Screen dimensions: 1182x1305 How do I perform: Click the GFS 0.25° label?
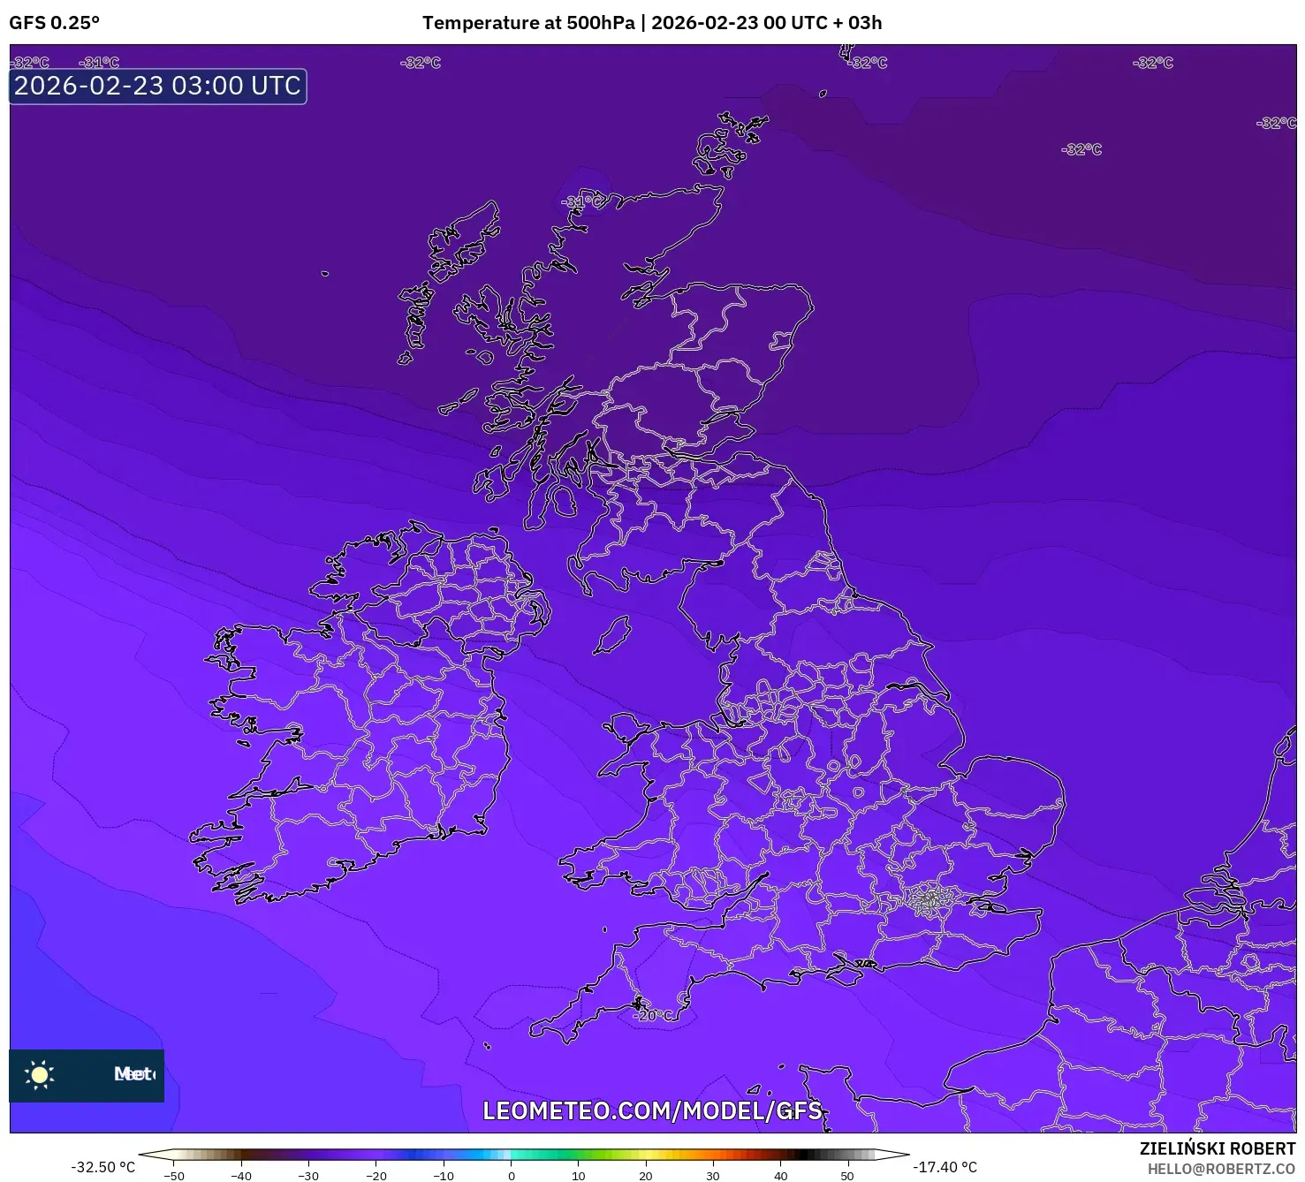pos(54,23)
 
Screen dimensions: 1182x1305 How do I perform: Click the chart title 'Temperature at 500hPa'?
pos(527,23)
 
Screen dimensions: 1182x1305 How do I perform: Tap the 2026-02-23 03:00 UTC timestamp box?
pos(157,87)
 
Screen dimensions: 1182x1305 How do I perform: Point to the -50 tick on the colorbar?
pos(175,1175)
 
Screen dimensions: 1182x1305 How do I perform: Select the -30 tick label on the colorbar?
pos(308,1175)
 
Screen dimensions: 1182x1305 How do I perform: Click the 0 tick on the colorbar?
pos(511,1175)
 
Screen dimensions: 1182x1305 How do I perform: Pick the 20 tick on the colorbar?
pos(645,1175)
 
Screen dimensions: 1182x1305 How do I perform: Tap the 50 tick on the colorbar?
pos(846,1175)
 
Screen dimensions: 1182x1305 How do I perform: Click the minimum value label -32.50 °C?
pos(103,1167)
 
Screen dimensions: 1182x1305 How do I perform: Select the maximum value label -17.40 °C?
pos(945,1167)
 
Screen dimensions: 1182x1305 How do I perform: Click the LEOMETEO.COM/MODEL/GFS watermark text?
pos(652,1110)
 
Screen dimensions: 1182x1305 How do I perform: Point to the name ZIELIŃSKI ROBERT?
pos(1217,1148)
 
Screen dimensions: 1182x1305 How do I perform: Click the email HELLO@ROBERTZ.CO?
pos(1220,1169)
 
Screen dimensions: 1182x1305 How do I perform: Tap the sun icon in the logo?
pos(40,1074)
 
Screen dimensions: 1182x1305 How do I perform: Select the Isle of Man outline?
pos(611,636)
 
